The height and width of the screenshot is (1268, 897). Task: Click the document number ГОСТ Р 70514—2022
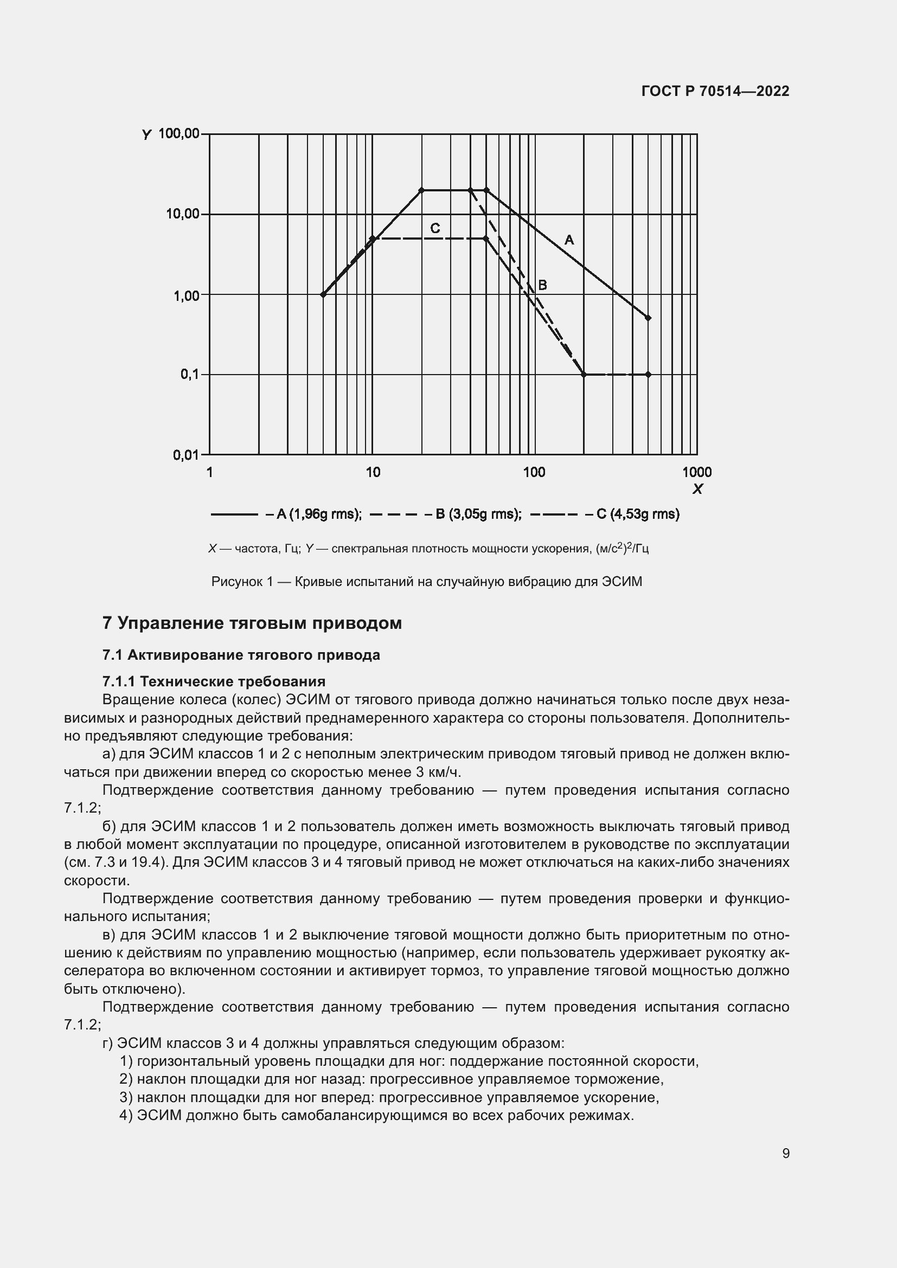point(715,91)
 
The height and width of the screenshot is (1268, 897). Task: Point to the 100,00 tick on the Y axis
point(179,134)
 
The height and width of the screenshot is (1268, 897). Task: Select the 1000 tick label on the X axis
point(696,472)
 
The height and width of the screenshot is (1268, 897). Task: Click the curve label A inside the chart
point(569,240)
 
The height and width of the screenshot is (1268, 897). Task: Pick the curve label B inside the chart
point(542,285)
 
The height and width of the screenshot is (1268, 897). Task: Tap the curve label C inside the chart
point(435,228)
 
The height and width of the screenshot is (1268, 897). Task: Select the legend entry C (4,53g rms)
point(637,514)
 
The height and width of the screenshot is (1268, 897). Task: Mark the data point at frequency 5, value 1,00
point(323,294)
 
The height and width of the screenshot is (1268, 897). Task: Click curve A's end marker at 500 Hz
point(648,318)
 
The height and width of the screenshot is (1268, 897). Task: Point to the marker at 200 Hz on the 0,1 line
point(584,375)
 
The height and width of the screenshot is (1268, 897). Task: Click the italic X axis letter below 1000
point(697,489)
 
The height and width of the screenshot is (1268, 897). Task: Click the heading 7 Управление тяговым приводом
point(252,623)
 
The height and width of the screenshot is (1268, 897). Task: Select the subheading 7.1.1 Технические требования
point(214,681)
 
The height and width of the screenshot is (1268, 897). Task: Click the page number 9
point(785,1154)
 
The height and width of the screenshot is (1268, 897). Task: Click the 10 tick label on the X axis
point(373,472)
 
